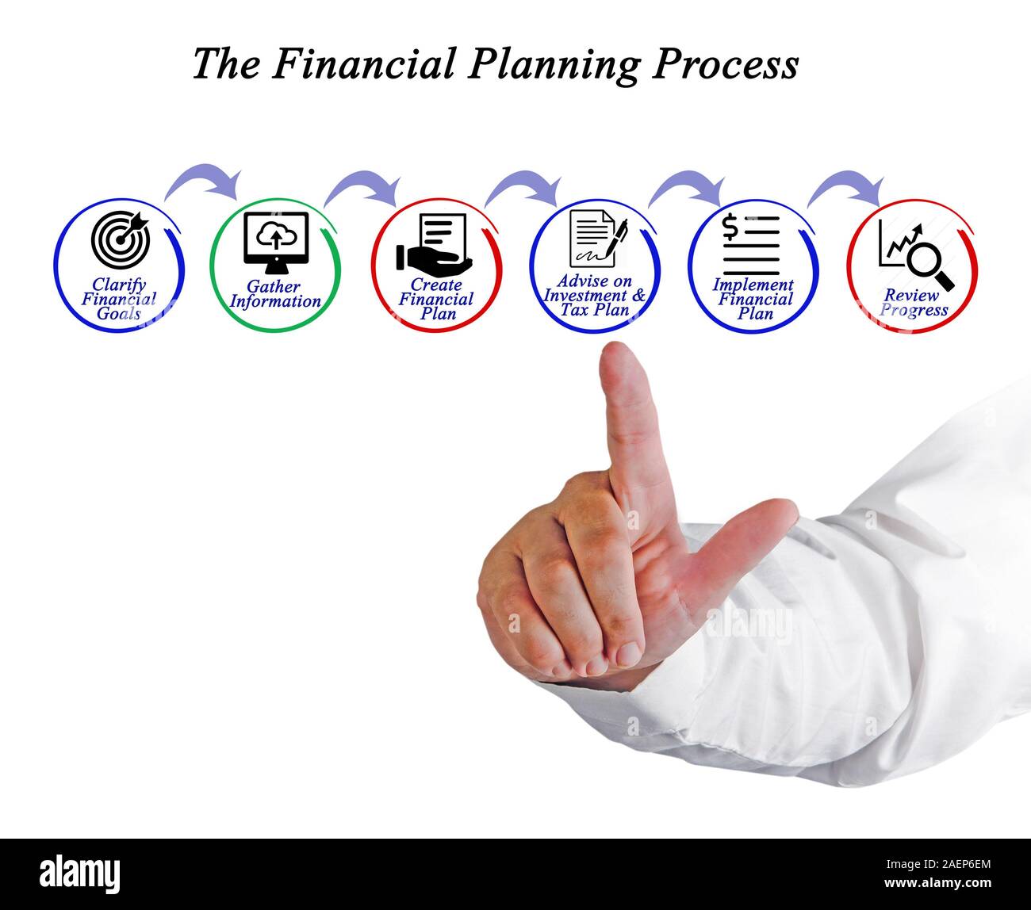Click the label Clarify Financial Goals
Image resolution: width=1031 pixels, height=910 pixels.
tap(119, 299)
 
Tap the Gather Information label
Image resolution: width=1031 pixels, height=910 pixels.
tap(275, 294)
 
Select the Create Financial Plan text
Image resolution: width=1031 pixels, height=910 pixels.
tap(435, 299)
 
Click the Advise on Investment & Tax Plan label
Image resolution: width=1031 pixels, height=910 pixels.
tap(595, 295)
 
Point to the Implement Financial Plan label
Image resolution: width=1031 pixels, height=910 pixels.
tap(753, 299)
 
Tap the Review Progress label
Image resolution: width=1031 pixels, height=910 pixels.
tap(913, 303)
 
